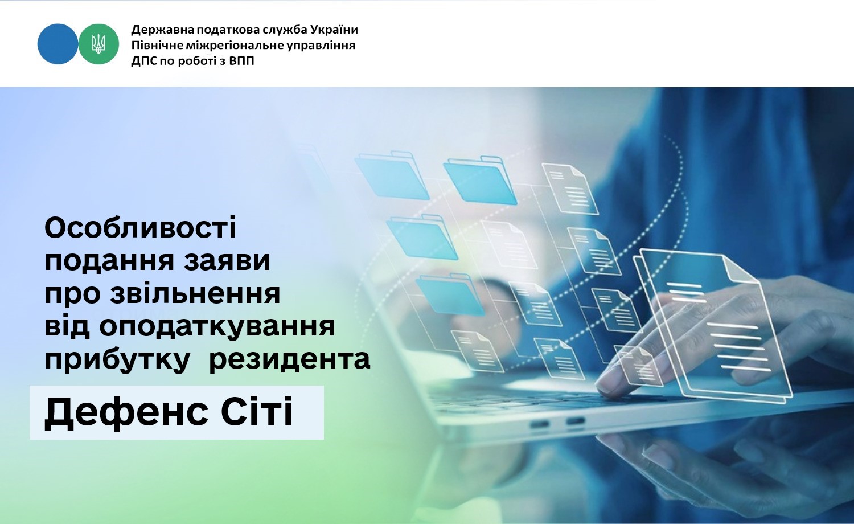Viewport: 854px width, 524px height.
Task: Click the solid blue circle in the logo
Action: tap(58, 44)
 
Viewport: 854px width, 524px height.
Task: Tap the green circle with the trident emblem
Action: tap(98, 44)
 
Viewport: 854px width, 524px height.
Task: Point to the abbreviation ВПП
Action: tap(242, 61)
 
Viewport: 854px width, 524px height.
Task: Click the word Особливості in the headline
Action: tap(140, 228)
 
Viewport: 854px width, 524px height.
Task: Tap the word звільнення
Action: tap(195, 294)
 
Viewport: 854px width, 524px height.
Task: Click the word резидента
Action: tap(290, 359)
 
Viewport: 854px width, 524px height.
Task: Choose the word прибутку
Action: tap(117, 359)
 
